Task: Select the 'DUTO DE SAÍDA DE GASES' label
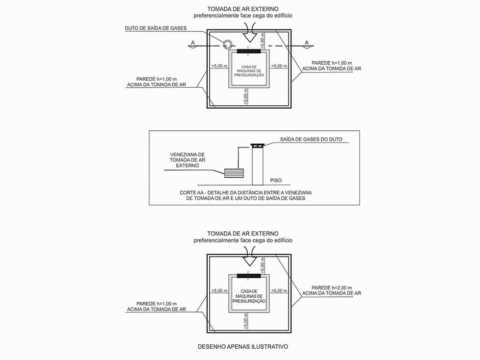tap(156, 28)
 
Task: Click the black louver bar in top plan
tap(249, 51)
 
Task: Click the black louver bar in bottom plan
tap(249, 276)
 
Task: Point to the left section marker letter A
tap(193, 43)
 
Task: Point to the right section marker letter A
tap(307, 43)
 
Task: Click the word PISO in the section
tap(276, 181)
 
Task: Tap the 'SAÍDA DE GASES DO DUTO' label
tap(311, 139)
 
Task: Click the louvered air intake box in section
tap(234, 173)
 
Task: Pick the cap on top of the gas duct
tap(258, 145)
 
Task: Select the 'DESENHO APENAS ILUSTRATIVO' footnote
tap(243, 347)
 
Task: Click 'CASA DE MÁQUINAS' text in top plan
tap(249, 69)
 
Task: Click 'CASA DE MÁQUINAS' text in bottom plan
tap(249, 293)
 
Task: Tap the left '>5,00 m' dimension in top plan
tap(219, 66)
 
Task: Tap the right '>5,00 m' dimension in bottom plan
tap(279, 290)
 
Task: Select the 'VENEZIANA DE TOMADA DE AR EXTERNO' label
tap(187, 160)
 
